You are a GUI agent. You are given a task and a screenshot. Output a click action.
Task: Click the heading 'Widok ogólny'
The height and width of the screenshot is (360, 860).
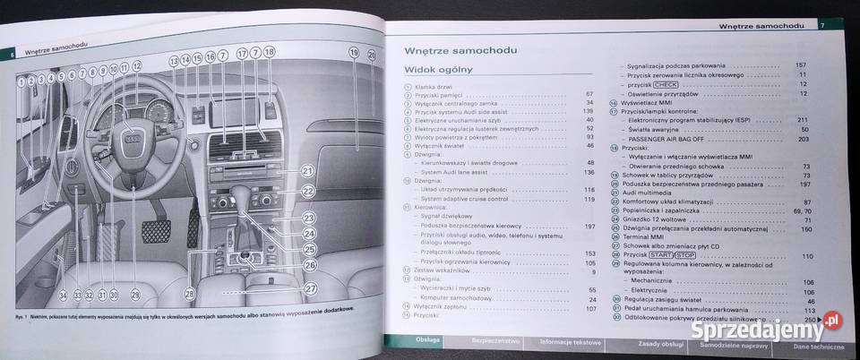pyautogui.click(x=438, y=69)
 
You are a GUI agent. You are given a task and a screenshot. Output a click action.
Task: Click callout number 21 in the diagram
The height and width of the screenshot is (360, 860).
pyautogui.click(x=307, y=172)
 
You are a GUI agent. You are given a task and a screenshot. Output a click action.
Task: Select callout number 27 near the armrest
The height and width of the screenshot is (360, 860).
pyautogui.click(x=311, y=288)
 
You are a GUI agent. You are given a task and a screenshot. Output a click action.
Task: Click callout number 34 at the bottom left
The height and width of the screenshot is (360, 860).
pyautogui.click(x=61, y=295)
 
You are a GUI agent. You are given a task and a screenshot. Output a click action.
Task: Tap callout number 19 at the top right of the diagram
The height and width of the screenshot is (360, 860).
pyautogui.click(x=353, y=54)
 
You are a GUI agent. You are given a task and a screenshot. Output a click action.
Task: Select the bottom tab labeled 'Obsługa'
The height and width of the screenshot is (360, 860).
pyautogui.click(x=426, y=341)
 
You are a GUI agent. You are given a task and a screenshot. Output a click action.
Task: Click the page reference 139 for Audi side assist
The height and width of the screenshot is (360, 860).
pyautogui.click(x=589, y=110)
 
